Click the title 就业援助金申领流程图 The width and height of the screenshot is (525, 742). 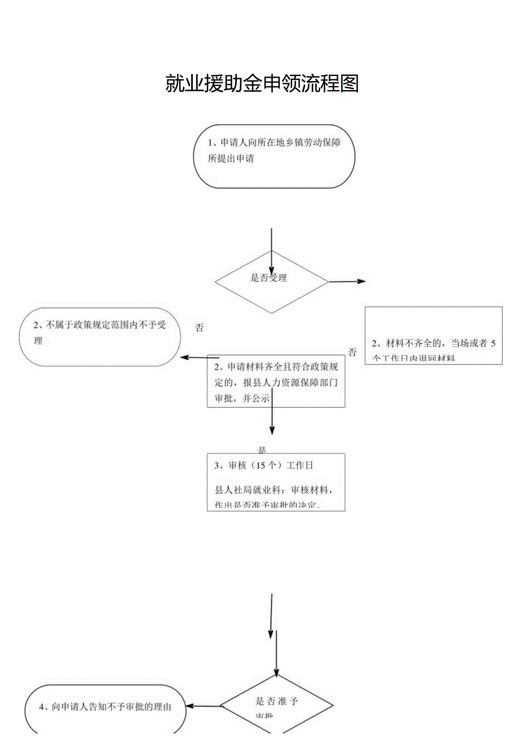tap(262, 84)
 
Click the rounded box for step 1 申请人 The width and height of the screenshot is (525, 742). tap(274, 156)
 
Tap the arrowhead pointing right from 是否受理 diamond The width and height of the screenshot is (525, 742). tap(362, 281)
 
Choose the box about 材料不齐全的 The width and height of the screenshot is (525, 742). tap(434, 335)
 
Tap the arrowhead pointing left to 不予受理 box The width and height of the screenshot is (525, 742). tap(184, 358)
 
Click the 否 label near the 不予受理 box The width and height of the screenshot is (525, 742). tap(199, 328)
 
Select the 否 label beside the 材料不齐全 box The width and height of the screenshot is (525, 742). tap(352, 352)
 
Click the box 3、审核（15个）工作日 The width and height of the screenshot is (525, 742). tap(276, 482)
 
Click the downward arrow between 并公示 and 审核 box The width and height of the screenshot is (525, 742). tap(272, 422)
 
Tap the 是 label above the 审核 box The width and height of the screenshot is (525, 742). tap(262, 449)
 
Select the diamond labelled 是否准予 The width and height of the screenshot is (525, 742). tap(277, 705)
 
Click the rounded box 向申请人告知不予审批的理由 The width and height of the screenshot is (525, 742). tap(106, 707)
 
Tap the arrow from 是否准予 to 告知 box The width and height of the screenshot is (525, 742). tap(205, 707)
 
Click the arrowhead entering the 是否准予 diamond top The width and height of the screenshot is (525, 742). tap(277, 670)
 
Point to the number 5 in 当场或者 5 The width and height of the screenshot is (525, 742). tap(493, 343)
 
